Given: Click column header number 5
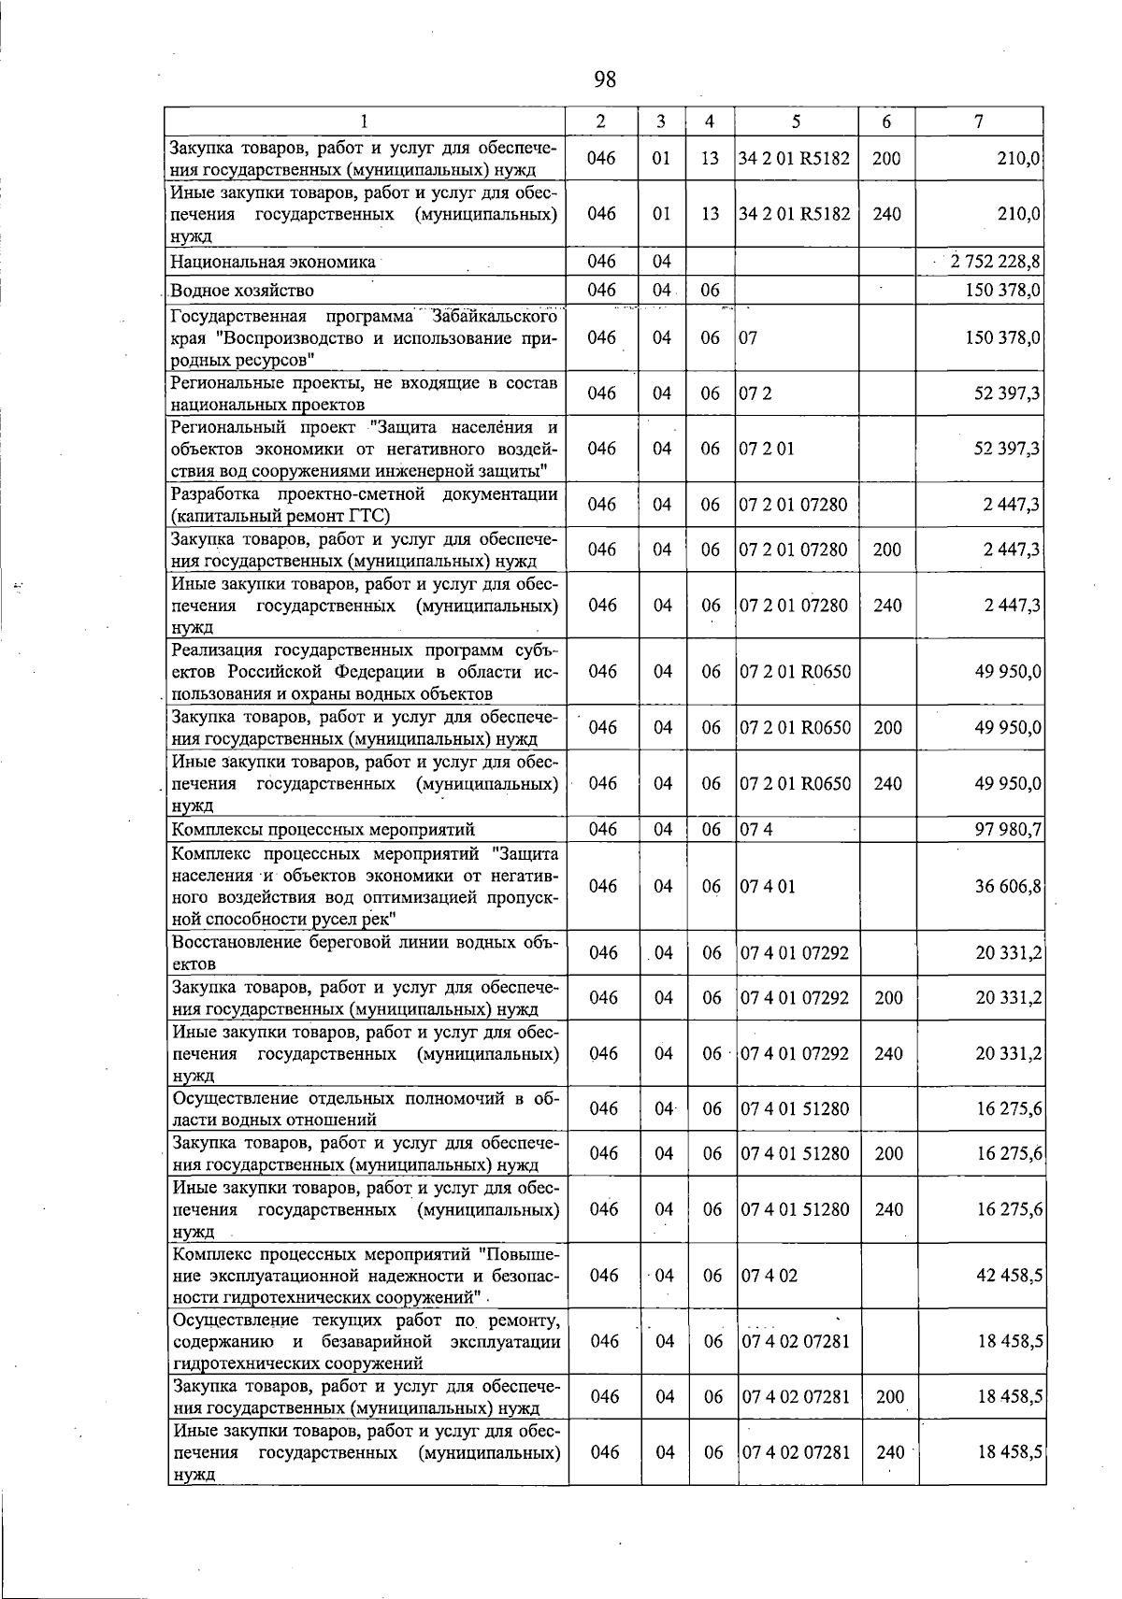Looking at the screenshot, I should (796, 121).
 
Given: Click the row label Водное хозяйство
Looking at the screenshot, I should (242, 291).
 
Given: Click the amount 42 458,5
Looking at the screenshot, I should (1009, 1276).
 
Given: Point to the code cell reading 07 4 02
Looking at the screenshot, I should (770, 1276).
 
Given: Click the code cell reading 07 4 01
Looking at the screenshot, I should (768, 886).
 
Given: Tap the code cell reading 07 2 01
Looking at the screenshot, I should (767, 449).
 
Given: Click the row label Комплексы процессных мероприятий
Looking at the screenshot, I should (324, 829).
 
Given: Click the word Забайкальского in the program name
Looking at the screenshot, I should (495, 315).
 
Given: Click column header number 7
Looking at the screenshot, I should (978, 121).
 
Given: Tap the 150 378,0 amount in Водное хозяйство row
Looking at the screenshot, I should (1003, 291).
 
